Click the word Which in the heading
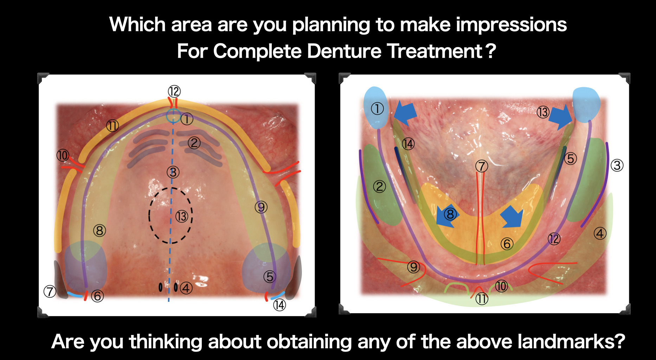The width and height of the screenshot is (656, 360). click(x=137, y=25)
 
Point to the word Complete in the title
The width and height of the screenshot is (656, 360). click(x=257, y=51)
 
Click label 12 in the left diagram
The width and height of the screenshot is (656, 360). click(x=174, y=91)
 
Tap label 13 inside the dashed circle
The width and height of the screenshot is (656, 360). click(x=182, y=216)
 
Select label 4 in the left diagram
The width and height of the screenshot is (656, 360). click(x=186, y=288)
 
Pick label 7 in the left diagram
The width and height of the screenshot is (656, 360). click(x=50, y=291)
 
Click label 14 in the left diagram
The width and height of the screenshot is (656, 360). click(x=279, y=305)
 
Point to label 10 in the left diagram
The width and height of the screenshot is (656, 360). click(x=63, y=155)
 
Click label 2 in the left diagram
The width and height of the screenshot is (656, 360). click(x=194, y=143)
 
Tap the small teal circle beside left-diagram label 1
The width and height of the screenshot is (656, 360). click(x=173, y=116)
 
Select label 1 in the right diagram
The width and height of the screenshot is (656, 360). click(x=377, y=109)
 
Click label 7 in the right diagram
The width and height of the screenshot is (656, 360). click(x=482, y=166)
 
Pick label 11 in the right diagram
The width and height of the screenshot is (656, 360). click(x=482, y=299)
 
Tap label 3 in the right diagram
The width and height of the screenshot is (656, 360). click(x=617, y=165)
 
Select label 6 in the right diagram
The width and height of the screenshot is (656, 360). click(x=507, y=244)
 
